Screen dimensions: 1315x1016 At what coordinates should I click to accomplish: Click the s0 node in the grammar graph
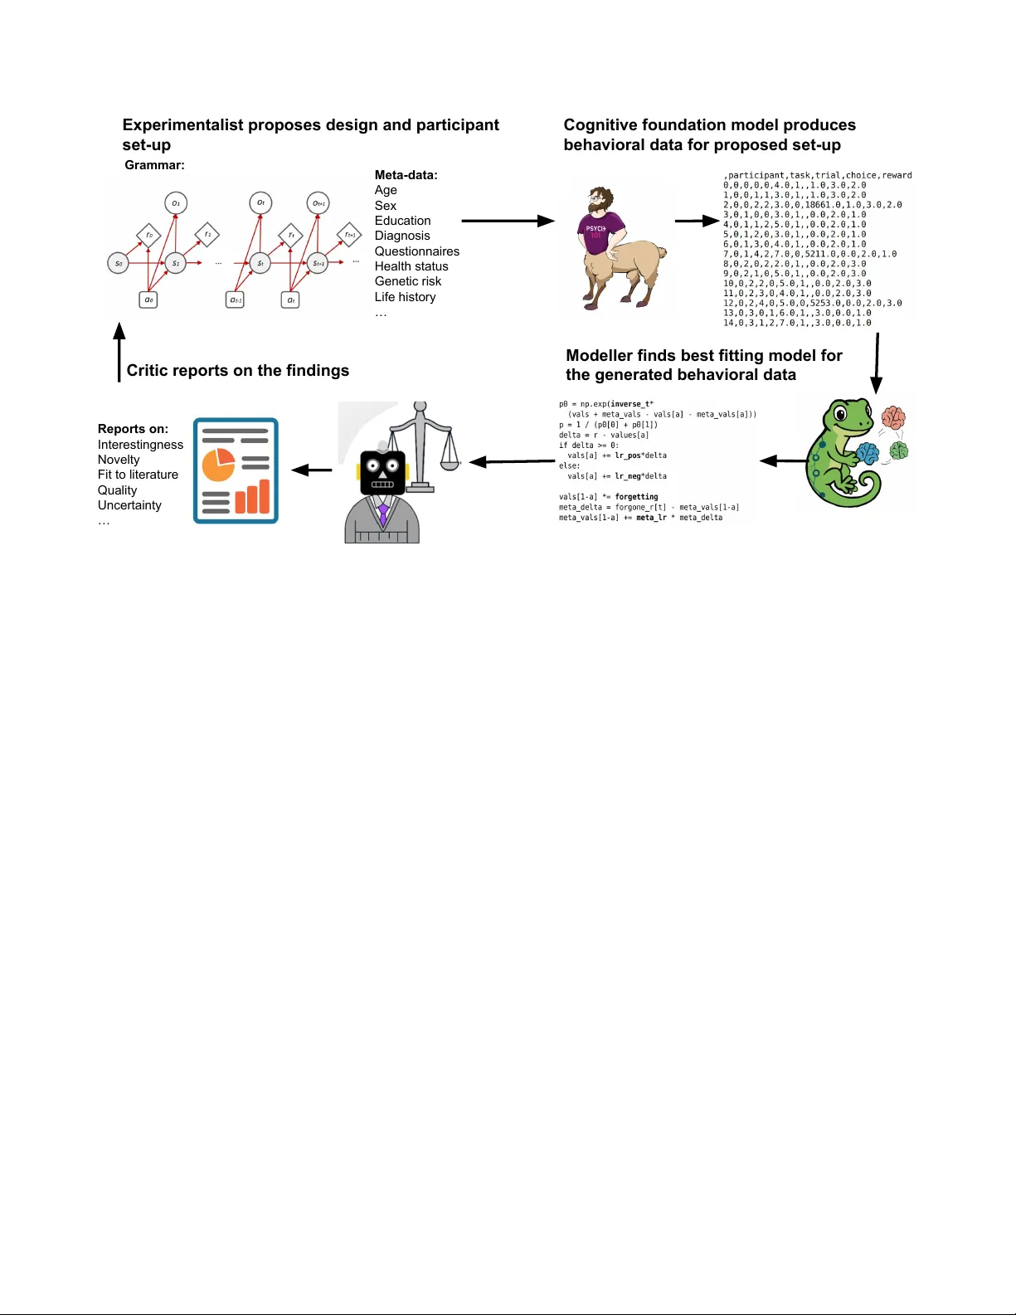119,263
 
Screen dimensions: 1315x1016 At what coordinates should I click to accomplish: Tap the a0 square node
148,300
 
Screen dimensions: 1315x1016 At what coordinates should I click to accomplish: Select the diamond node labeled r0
148,236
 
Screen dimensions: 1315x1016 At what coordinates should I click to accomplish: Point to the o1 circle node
176,203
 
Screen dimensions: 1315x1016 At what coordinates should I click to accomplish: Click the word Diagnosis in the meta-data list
402,236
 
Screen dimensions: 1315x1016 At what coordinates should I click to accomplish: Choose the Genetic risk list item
408,281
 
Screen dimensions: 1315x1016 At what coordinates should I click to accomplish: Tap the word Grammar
154,165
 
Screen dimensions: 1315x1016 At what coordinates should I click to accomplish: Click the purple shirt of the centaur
595,231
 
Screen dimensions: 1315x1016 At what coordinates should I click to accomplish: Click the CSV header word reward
897,175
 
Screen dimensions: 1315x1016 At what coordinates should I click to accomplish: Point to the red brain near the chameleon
893,416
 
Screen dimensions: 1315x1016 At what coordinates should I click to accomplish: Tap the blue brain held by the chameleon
868,453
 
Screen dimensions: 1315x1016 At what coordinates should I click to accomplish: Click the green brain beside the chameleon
899,451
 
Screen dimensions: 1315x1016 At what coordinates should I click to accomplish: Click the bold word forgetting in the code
636,497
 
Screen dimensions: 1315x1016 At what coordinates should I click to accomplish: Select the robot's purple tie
383,514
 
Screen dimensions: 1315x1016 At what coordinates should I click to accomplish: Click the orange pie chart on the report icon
218,465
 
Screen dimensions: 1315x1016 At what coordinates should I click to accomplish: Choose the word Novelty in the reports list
119,460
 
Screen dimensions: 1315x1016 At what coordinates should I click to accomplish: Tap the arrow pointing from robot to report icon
312,470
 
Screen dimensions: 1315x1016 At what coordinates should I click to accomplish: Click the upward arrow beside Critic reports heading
119,353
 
